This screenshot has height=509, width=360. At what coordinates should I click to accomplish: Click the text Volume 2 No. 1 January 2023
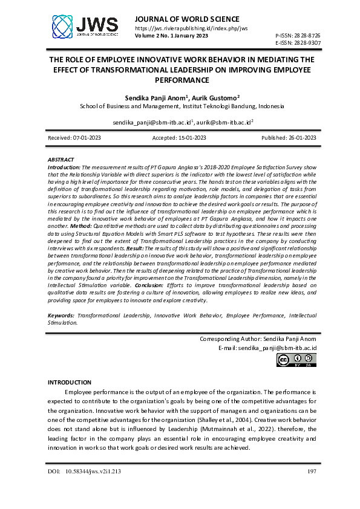point(172,36)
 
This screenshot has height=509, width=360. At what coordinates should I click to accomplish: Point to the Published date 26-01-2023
point(289,138)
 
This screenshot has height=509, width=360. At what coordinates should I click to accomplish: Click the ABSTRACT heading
point(61,160)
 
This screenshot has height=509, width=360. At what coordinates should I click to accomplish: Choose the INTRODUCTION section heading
point(69,382)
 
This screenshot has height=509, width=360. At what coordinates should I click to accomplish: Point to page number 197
point(312,471)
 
